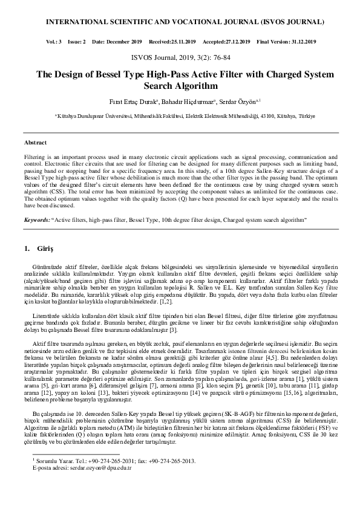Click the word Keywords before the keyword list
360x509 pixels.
pos(37,221)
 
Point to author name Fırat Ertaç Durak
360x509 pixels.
pos(134,101)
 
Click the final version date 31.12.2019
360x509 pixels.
pos(298,42)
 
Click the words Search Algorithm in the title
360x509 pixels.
pos(180,86)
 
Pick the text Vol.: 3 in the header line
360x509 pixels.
pos(51,42)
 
